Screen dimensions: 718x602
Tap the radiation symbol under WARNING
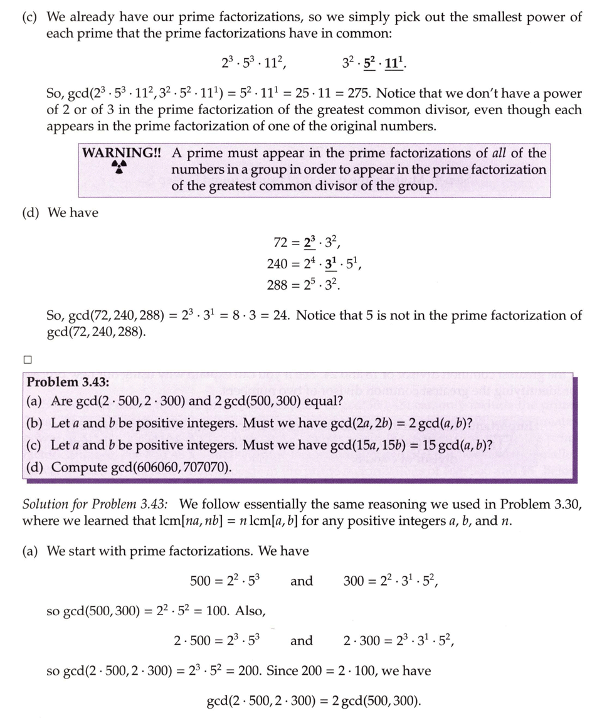point(119,167)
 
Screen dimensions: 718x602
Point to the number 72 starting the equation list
point(282,242)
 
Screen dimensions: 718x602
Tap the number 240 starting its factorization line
point(278,264)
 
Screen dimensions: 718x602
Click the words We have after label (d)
point(73,213)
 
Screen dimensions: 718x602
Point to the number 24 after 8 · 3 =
point(279,315)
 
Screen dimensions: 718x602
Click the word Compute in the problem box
point(77,467)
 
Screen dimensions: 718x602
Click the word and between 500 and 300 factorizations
point(301,581)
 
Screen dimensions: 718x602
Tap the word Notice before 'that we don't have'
point(397,93)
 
